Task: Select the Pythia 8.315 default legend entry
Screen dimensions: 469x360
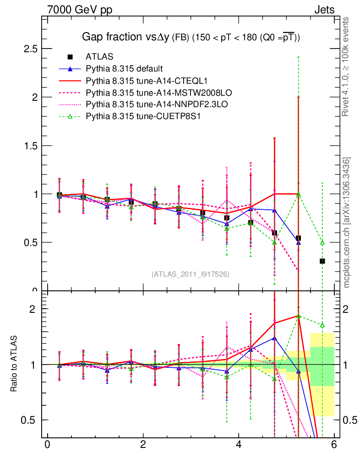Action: point(124,69)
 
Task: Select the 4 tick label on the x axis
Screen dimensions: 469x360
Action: point(239,445)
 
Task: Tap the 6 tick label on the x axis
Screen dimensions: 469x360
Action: point(334,445)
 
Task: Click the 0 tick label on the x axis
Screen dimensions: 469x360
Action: point(47,445)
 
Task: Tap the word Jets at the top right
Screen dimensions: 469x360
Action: point(324,10)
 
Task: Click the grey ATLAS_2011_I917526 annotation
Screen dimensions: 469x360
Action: point(191,274)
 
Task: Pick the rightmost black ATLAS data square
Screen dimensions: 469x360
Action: point(322,261)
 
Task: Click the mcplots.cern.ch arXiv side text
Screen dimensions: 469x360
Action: point(347,222)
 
